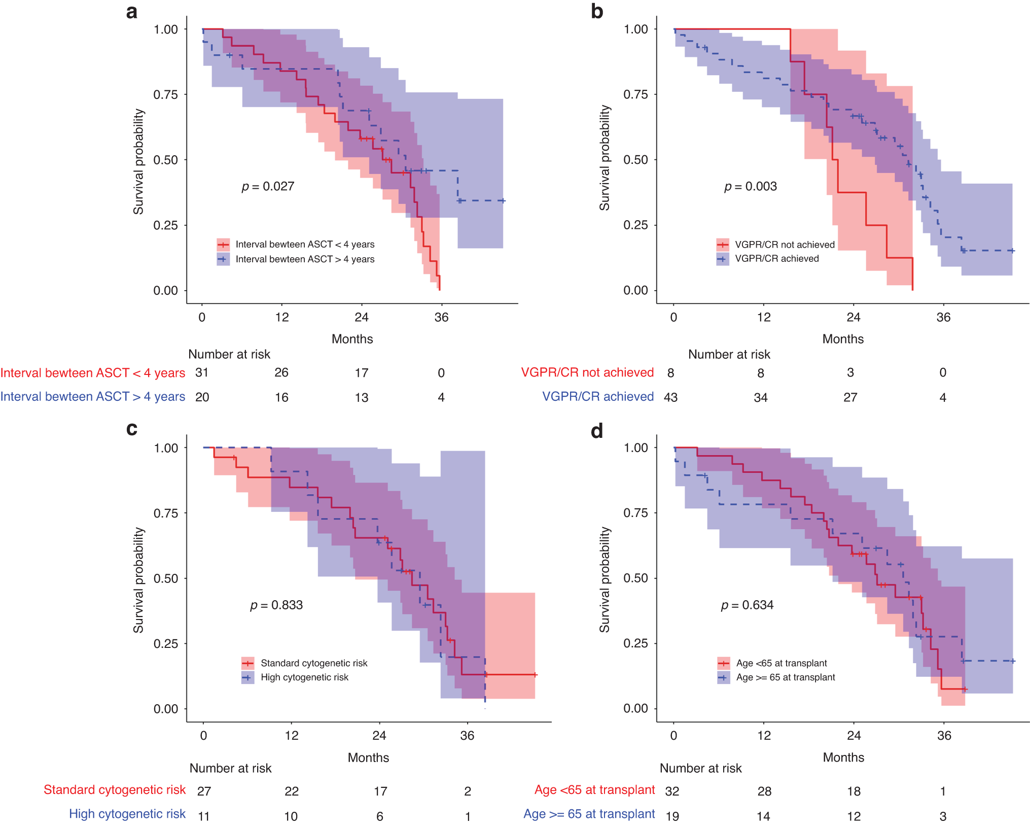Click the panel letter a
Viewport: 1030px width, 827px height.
click(131, 12)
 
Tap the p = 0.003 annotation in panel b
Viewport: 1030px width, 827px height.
click(750, 186)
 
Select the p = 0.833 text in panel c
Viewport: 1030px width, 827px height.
click(276, 605)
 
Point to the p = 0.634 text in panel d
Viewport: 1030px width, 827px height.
click(747, 605)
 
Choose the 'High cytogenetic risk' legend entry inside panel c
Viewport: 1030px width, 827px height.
click(304, 677)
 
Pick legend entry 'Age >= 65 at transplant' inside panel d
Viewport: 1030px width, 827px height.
click(785, 677)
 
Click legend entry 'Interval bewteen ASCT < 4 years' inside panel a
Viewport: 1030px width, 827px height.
click(305, 245)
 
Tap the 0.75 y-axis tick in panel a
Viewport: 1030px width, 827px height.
click(165, 94)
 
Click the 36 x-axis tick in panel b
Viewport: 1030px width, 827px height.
click(943, 318)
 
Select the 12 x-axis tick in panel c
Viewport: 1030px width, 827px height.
click(291, 736)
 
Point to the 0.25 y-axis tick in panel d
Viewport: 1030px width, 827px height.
click(635, 643)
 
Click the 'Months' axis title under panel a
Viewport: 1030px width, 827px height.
click(352, 339)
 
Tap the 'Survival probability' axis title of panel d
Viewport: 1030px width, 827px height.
click(605, 579)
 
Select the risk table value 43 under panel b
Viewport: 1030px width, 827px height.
click(670, 397)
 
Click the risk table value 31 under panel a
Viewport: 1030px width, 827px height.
click(202, 373)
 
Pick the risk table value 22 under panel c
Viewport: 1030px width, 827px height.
click(292, 791)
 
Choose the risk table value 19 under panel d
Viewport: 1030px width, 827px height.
click(672, 816)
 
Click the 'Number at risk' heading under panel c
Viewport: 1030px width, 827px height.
click(230, 768)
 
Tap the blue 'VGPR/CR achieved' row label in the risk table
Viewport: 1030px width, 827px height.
click(598, 397)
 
